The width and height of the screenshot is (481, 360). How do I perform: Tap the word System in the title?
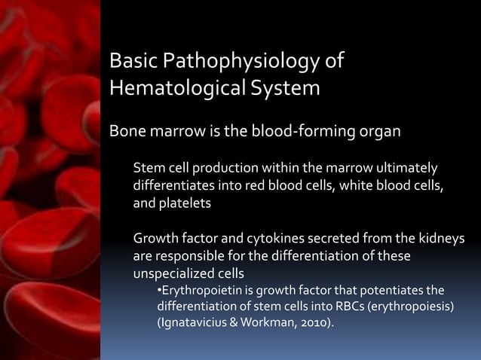click(x=286, y=88)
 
